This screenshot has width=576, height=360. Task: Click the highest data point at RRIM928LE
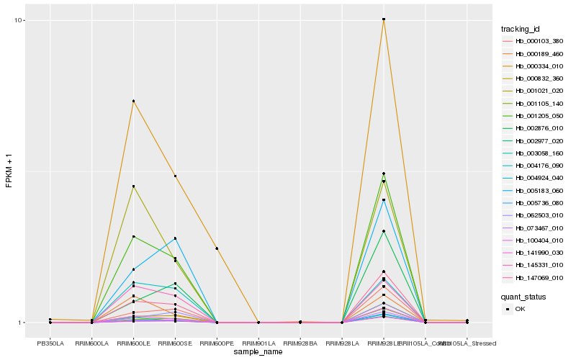pyautogui.click(x=384, y=19)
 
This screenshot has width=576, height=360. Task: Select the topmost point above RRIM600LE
pyautogui.click(x=133, y=101)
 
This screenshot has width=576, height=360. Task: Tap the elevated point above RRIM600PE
pyautogui.click(x=217, y=248)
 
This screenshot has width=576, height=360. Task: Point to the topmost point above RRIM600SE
pyautogui.click(x=175, y=176)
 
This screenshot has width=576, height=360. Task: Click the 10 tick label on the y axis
pyautogui.click(x=20, y=20)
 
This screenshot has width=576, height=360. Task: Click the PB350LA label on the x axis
pyautogui.click(x=50, y=343)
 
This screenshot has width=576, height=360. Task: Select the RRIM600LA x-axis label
pyautogui.click(x=92, y=343)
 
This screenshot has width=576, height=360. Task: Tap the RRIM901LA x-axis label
pyautogui.click(x=258, y=343)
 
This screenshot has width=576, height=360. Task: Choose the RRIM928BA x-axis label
pyautogui.click(x=300, y=343)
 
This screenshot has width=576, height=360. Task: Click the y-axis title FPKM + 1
pyautogui.click(x=9, y=171)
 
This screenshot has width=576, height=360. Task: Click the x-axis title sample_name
pyautogui.click(x=258, y=353)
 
